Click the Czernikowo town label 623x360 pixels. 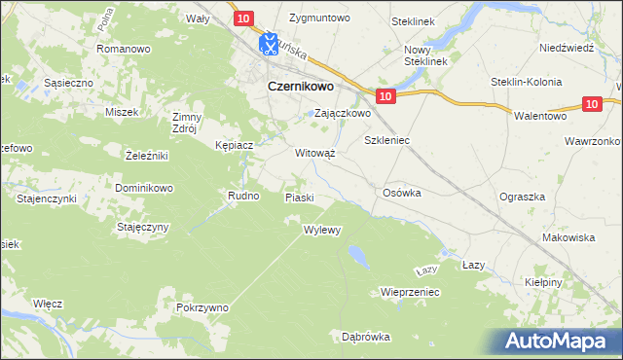301,87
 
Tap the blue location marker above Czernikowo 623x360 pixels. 270,45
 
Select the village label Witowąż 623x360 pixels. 314,153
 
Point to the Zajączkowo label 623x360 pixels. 341,113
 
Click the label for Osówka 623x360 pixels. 402,193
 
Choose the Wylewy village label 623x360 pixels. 321,231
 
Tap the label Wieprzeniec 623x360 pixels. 411,292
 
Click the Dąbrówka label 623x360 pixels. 366,337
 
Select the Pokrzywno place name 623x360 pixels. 202,307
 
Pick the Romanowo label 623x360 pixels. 123,48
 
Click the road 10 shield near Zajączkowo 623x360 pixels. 385,95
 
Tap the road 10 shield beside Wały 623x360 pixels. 243,18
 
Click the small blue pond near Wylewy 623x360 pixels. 357,255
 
